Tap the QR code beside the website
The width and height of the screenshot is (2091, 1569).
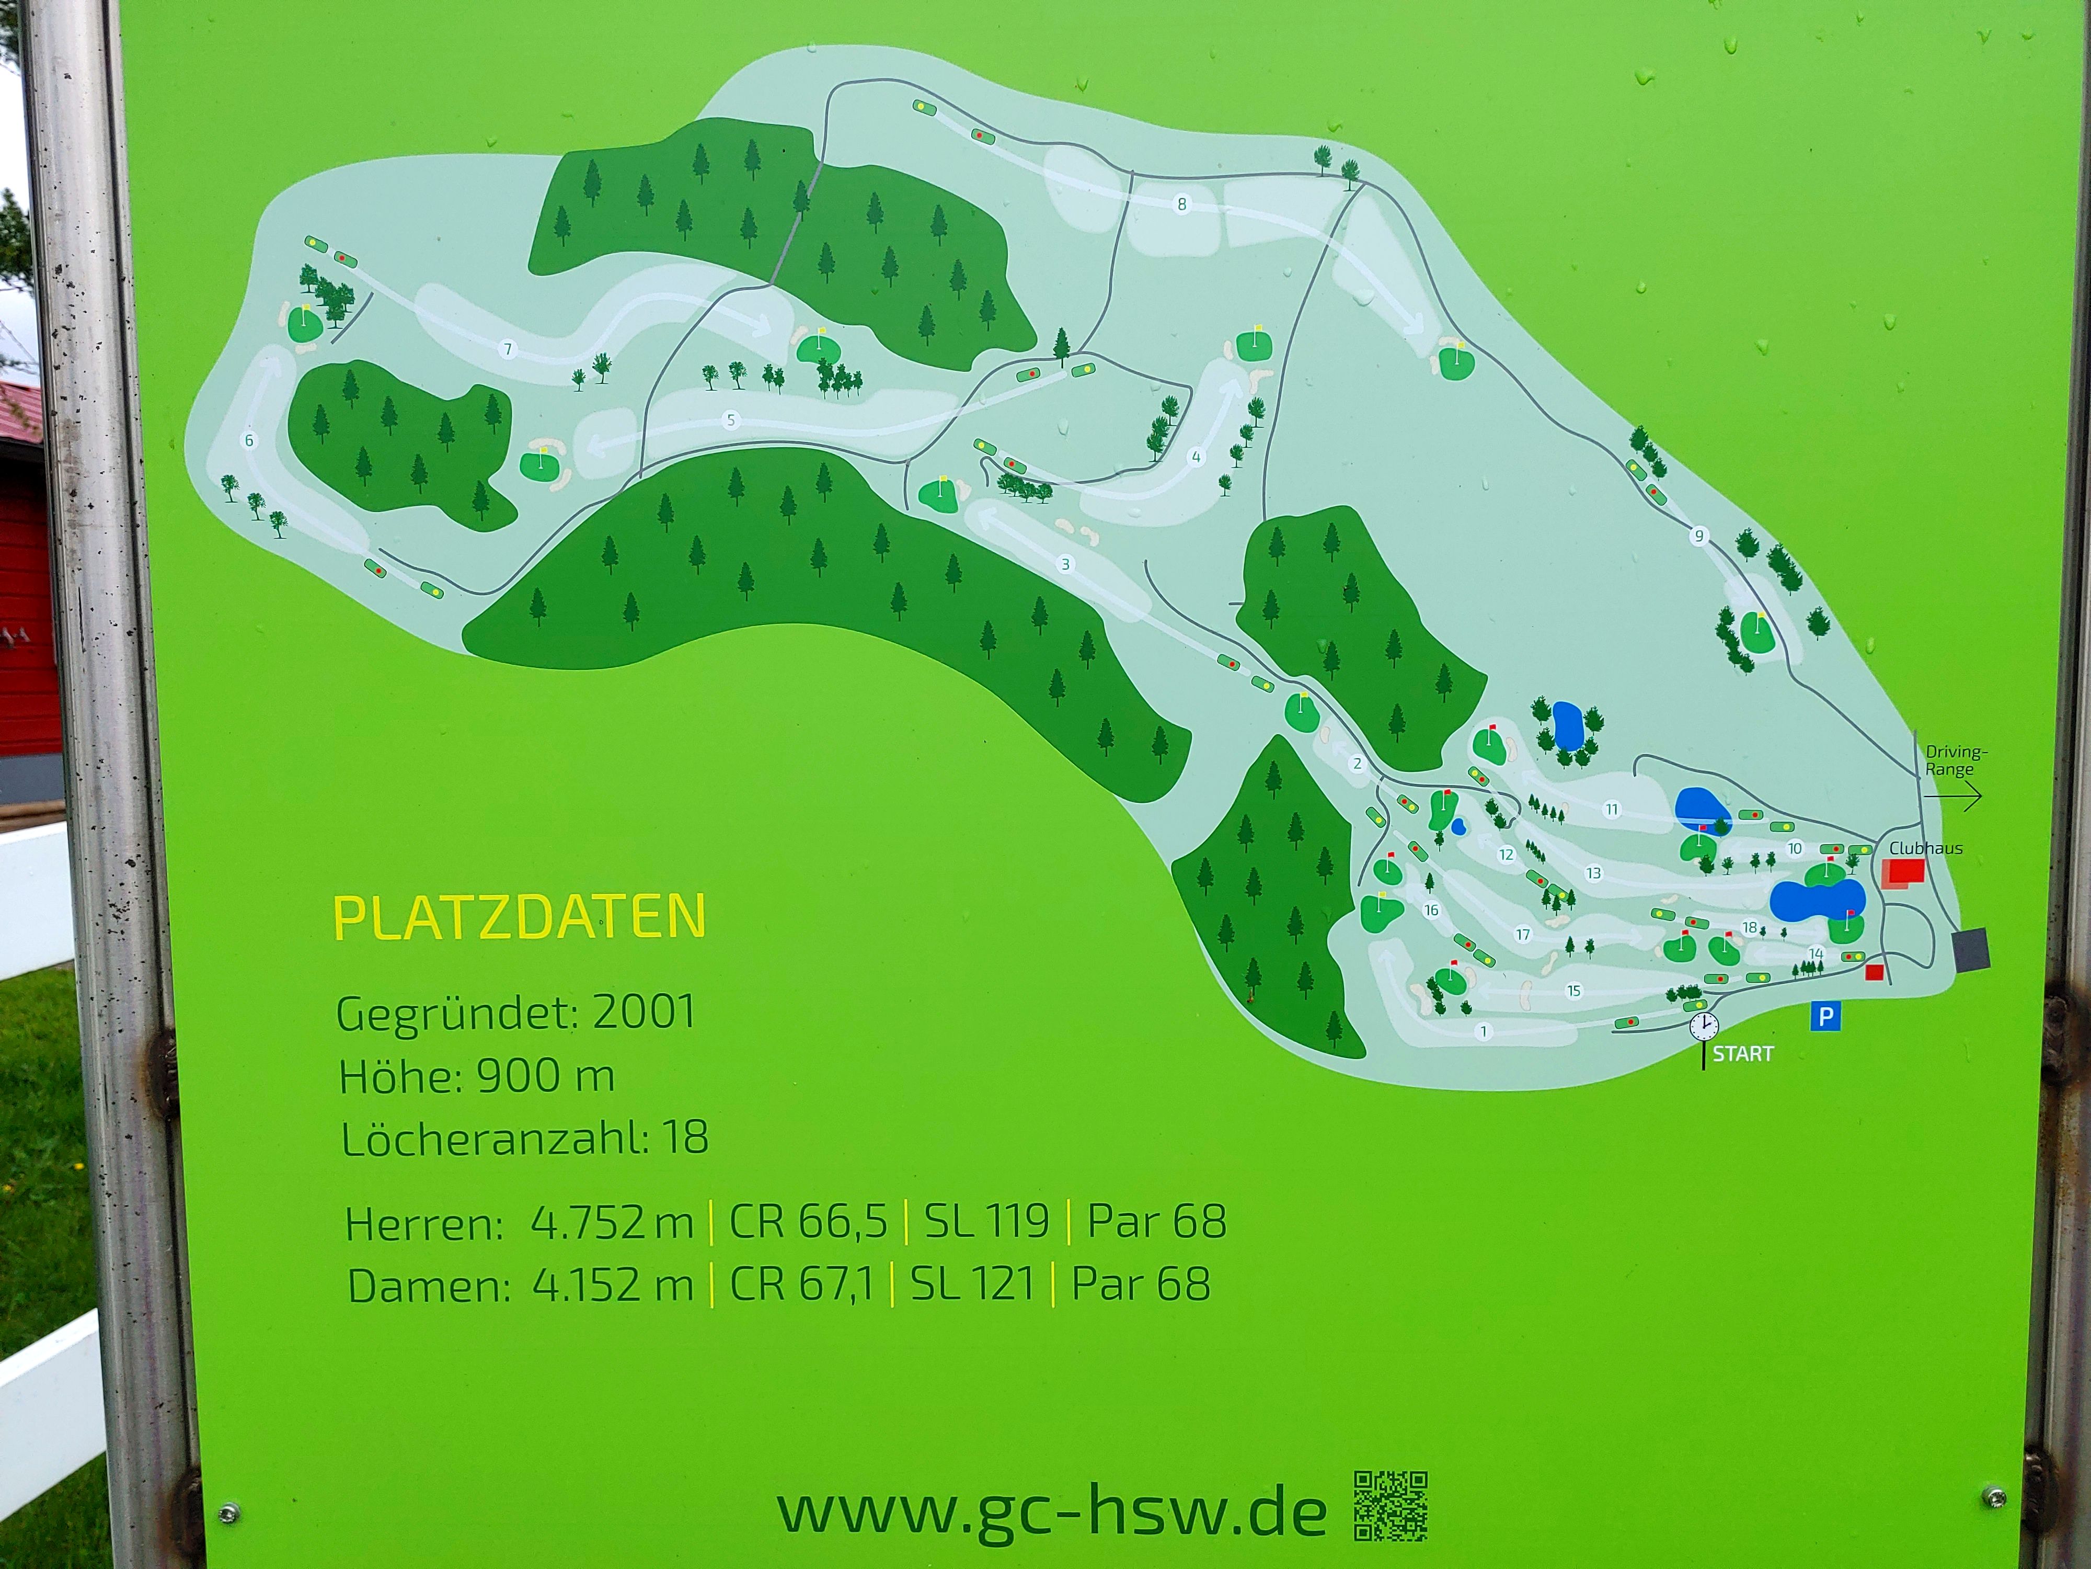(1391, 1507)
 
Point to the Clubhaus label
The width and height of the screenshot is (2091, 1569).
(1926, 848)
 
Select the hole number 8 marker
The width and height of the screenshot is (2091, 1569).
(1181, 204)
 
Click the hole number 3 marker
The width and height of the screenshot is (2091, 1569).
(1065, 565)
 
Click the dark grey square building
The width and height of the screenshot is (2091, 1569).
(1971, 949)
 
